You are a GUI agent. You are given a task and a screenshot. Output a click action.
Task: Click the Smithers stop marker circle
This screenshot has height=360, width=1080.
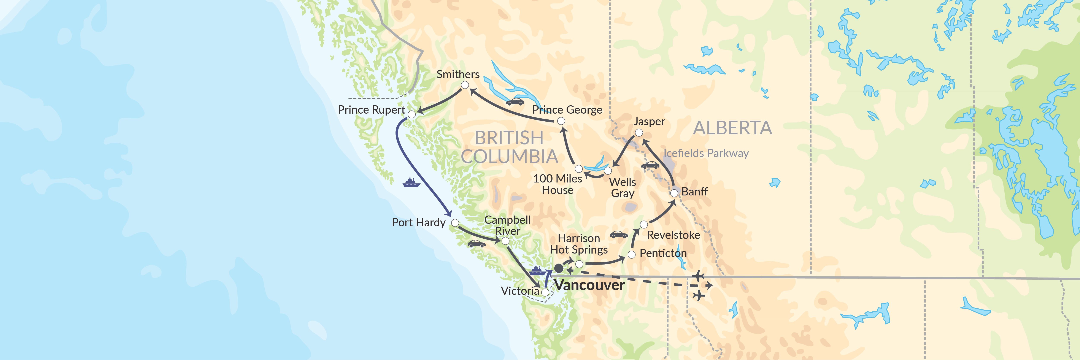point(465,85)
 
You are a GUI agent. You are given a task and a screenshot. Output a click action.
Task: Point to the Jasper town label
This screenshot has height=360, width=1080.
point(649,122)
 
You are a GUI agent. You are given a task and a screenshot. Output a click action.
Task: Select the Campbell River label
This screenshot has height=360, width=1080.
point(507,225)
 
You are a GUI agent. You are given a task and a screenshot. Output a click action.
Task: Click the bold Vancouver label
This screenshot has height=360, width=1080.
point(590,285)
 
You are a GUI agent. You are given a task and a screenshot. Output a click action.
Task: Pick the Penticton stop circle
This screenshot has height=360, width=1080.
point(631,254)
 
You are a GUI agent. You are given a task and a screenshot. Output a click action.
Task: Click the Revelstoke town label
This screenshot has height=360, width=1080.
point(673,235)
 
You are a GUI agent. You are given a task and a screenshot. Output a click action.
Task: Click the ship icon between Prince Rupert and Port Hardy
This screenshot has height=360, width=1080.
point(411,183)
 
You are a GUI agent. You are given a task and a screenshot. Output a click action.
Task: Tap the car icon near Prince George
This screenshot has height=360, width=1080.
point(515,102)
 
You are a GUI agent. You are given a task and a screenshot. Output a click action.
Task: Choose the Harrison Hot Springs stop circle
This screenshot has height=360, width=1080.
point(579,264)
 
